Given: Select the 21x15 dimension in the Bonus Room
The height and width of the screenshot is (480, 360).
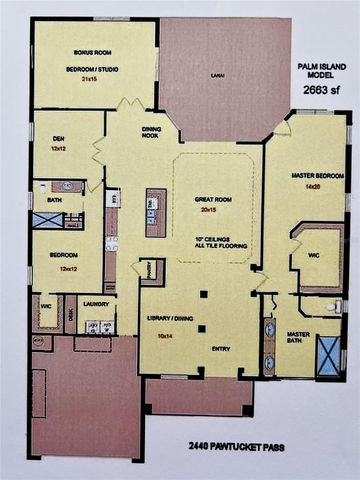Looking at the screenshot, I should pos(89,79).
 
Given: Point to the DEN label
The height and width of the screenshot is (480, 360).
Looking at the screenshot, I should pos(58,139).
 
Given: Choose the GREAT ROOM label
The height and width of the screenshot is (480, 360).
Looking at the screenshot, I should pos(213,200).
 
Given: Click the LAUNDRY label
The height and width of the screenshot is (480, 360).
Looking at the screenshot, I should pos(96,304).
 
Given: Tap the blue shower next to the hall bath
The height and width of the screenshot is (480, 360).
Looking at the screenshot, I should pos(47,220).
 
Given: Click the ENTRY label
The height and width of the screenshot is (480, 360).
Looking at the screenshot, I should pos(221,349).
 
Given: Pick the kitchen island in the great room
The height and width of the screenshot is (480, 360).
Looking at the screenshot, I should pos(156,212).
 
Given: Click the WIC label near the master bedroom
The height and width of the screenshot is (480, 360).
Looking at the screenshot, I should pos(314,256).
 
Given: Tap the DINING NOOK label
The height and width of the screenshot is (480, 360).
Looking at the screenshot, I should pos(152,132).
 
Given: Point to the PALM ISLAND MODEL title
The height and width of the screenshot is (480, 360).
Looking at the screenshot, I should pos(322,71).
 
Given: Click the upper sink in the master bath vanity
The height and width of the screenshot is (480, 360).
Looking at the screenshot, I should pos(270,330).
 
